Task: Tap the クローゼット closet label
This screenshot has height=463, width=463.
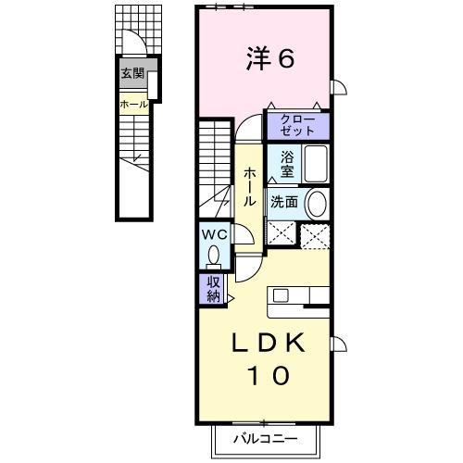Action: point(297,125)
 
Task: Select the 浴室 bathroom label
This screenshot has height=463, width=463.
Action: point(286,164)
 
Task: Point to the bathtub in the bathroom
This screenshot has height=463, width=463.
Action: point(316,166)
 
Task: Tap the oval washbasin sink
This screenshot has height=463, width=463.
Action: point(316,204)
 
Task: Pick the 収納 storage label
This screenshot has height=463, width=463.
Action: point(213,289)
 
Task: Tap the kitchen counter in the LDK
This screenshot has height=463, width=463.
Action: point(298,296)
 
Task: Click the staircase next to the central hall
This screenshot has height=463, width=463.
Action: point(214,167)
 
